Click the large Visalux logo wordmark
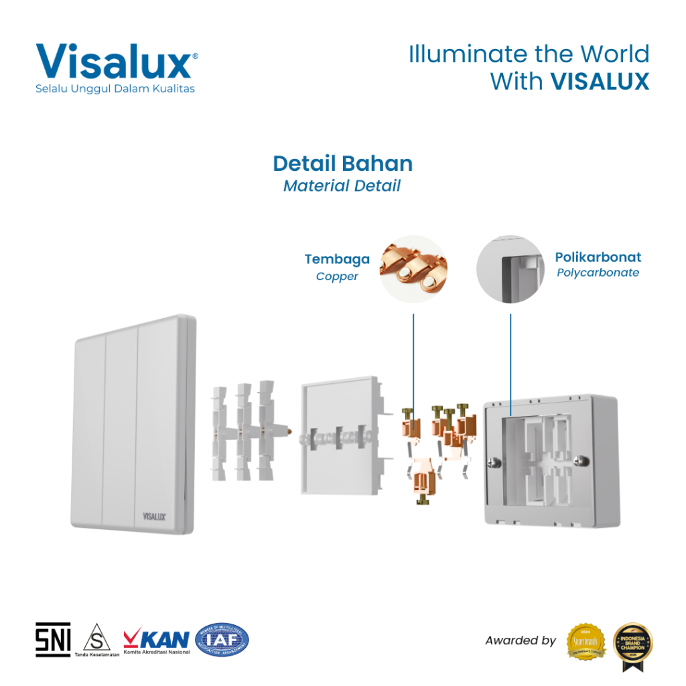pos(114,62)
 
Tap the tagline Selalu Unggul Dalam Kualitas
pos(115,89)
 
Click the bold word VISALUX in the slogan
pos(600,82)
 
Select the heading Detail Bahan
pos(342,163)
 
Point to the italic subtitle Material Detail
pos(342,186)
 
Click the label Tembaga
pos(337,259)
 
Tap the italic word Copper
pos(337,276)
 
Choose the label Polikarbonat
pos(598,257)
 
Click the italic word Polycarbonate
pos(598,273)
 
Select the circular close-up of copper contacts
pos(413,269)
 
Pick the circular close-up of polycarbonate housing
pos(510,269)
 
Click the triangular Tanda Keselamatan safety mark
pos(97,636)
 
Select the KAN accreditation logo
pos(156,638)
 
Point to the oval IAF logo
pos(222,640)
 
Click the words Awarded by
pos(521,640)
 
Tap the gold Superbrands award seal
pos(586,641)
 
